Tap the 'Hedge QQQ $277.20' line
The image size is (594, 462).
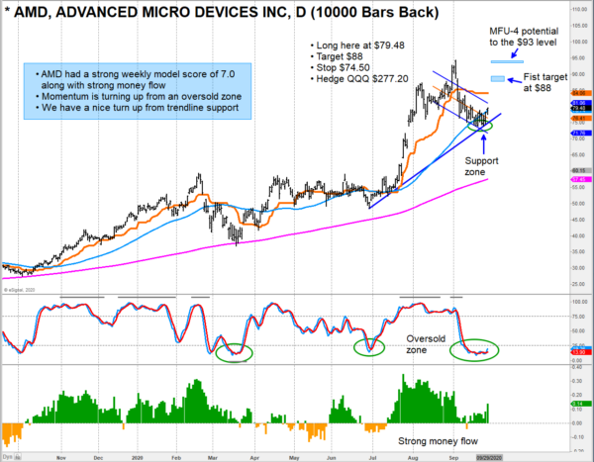357,86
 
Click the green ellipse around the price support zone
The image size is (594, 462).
479,125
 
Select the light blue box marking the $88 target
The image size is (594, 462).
497,79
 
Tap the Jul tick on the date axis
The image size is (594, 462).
371,457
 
